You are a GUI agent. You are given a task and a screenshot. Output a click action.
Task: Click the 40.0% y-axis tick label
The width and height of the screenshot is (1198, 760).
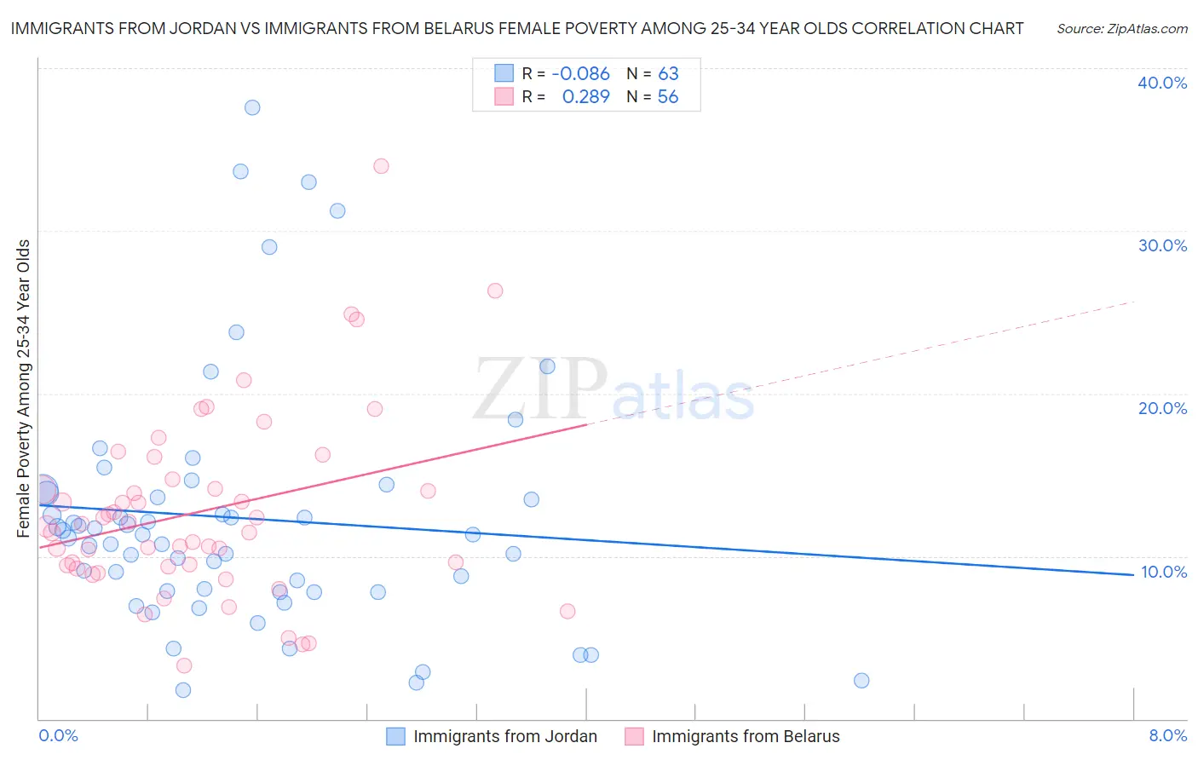(1162, 83)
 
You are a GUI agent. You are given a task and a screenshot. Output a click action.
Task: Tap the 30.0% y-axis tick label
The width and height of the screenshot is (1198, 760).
(1162, 245)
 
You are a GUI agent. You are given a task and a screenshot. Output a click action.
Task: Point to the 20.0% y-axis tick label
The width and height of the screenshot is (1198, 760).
(1162, 408)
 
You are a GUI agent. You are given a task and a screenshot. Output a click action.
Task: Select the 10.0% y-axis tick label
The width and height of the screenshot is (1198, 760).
(1163, 572)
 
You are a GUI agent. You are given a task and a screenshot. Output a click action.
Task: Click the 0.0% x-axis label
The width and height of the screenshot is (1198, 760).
(58, 735)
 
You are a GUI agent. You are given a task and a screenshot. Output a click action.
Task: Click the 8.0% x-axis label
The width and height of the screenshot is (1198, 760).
(1167, 735)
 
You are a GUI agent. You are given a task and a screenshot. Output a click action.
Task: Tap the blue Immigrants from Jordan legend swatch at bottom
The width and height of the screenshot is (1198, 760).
(395, 736)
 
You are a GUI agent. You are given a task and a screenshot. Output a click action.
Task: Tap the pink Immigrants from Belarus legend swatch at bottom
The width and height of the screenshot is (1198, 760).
(634, 736)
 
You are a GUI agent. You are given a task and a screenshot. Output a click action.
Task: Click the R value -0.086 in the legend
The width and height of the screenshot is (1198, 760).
(581, 74)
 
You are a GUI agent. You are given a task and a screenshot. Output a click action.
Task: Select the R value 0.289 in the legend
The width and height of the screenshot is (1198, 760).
(586, 97)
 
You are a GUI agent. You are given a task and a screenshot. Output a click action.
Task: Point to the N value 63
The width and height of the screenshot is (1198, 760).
(668, 74)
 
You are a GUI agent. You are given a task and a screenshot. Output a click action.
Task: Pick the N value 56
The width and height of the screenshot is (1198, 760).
(668, 97)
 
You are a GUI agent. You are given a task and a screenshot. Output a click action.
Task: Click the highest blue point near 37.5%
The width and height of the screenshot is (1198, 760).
(252, 107)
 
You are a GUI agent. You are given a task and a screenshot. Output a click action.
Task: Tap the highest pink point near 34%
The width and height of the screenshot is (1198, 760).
(381, 166)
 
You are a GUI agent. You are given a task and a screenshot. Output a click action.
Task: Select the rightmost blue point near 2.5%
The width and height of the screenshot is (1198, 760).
(861, 680)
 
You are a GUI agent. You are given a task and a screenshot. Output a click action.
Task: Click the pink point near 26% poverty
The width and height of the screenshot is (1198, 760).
(495, 291)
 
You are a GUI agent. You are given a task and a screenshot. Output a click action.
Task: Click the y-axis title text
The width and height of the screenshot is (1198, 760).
(24, 389)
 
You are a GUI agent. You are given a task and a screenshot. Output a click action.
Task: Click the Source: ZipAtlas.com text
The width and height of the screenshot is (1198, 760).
(1121, 29)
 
